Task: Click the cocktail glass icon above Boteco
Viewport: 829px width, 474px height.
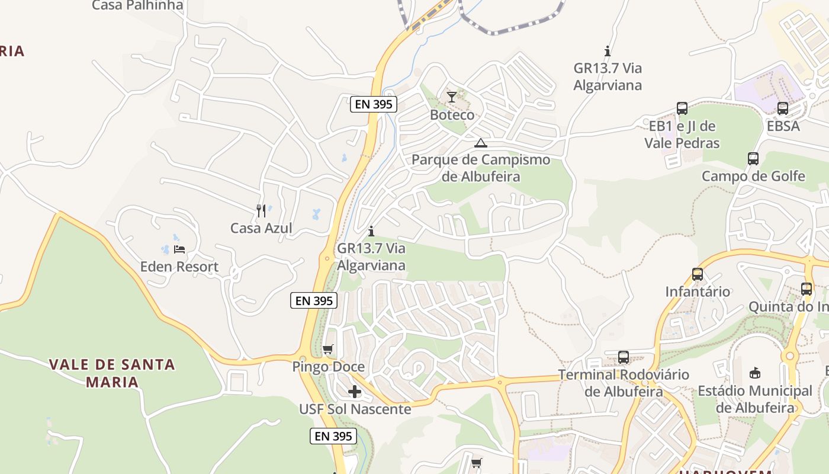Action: point(452,97)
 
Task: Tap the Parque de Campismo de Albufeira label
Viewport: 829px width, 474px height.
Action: point(481,168)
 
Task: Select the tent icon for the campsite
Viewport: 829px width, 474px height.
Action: point(481,143)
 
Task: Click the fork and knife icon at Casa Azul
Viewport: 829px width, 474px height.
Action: point(261,210)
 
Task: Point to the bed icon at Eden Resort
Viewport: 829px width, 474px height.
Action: point(179,249)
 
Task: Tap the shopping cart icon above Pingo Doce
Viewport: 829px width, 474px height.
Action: point(328,349)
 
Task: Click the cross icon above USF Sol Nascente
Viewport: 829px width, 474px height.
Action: point(355,392)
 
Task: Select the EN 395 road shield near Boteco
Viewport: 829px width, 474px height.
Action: point(373,104)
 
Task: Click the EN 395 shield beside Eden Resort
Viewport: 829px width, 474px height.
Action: point(314,300)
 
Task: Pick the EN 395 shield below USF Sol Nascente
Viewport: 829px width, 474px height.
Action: point(333,436)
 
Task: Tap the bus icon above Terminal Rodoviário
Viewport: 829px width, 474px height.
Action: point(624,357)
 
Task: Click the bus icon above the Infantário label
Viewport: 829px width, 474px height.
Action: point(698,274)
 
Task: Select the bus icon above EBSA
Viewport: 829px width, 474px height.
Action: point(783,108)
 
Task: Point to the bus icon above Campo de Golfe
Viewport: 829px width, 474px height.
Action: point(753,159)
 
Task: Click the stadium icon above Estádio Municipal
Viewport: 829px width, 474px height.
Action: point(755,373)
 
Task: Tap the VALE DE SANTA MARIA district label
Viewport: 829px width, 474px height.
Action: point(112,373)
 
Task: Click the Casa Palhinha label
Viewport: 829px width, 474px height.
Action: point(137,6)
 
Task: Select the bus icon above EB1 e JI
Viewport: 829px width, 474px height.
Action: point(682,108)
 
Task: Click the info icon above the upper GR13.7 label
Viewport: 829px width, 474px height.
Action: point(607,51)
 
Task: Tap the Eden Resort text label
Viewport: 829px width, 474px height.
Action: point(179,267)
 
